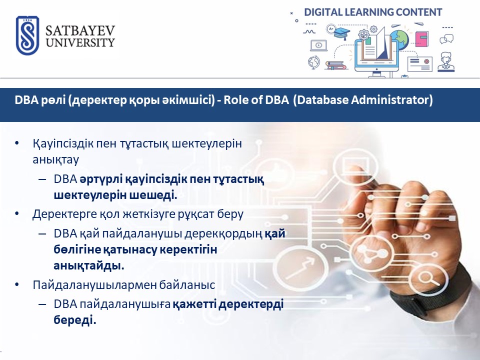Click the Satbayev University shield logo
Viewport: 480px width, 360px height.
[27, 35]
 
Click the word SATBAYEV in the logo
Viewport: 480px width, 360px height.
[80, 31]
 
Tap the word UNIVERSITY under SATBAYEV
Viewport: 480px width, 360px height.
[80, 42]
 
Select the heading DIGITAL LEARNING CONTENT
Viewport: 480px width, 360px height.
[373, 12]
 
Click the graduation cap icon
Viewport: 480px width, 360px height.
[341, 33]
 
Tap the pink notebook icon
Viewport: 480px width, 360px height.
[422, 38]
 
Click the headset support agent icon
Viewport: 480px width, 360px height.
[446, 62]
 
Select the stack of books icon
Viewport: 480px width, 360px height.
[335, 65]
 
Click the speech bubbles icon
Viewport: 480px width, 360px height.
[446, 39]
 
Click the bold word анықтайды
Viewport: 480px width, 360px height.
[89, 265]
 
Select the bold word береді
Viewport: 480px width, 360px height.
[75, 320]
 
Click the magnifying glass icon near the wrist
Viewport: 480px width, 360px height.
[427, 279]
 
